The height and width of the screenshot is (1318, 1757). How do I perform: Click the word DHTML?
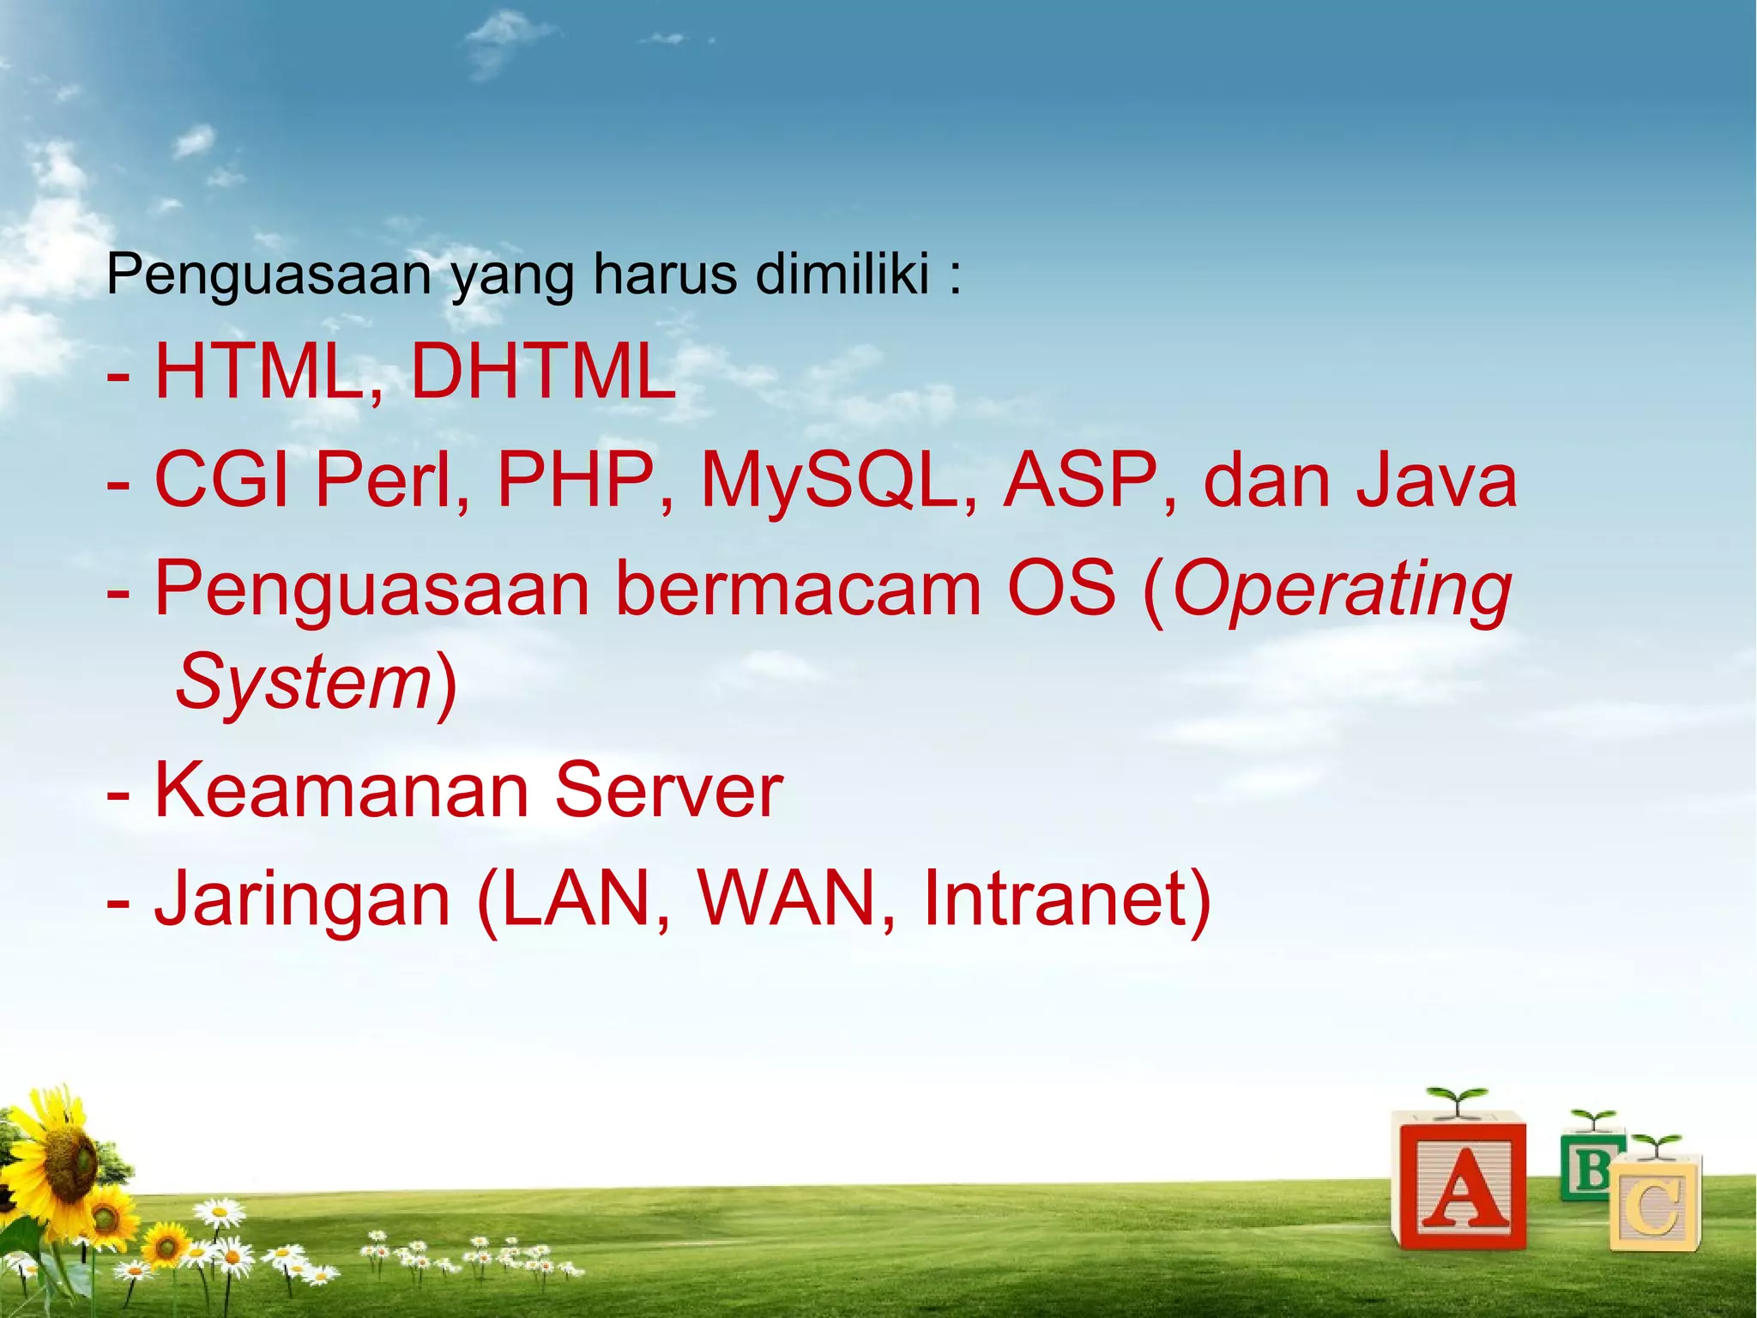[x=543, y=372]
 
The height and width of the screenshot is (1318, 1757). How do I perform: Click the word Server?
[x=668, y=789]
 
